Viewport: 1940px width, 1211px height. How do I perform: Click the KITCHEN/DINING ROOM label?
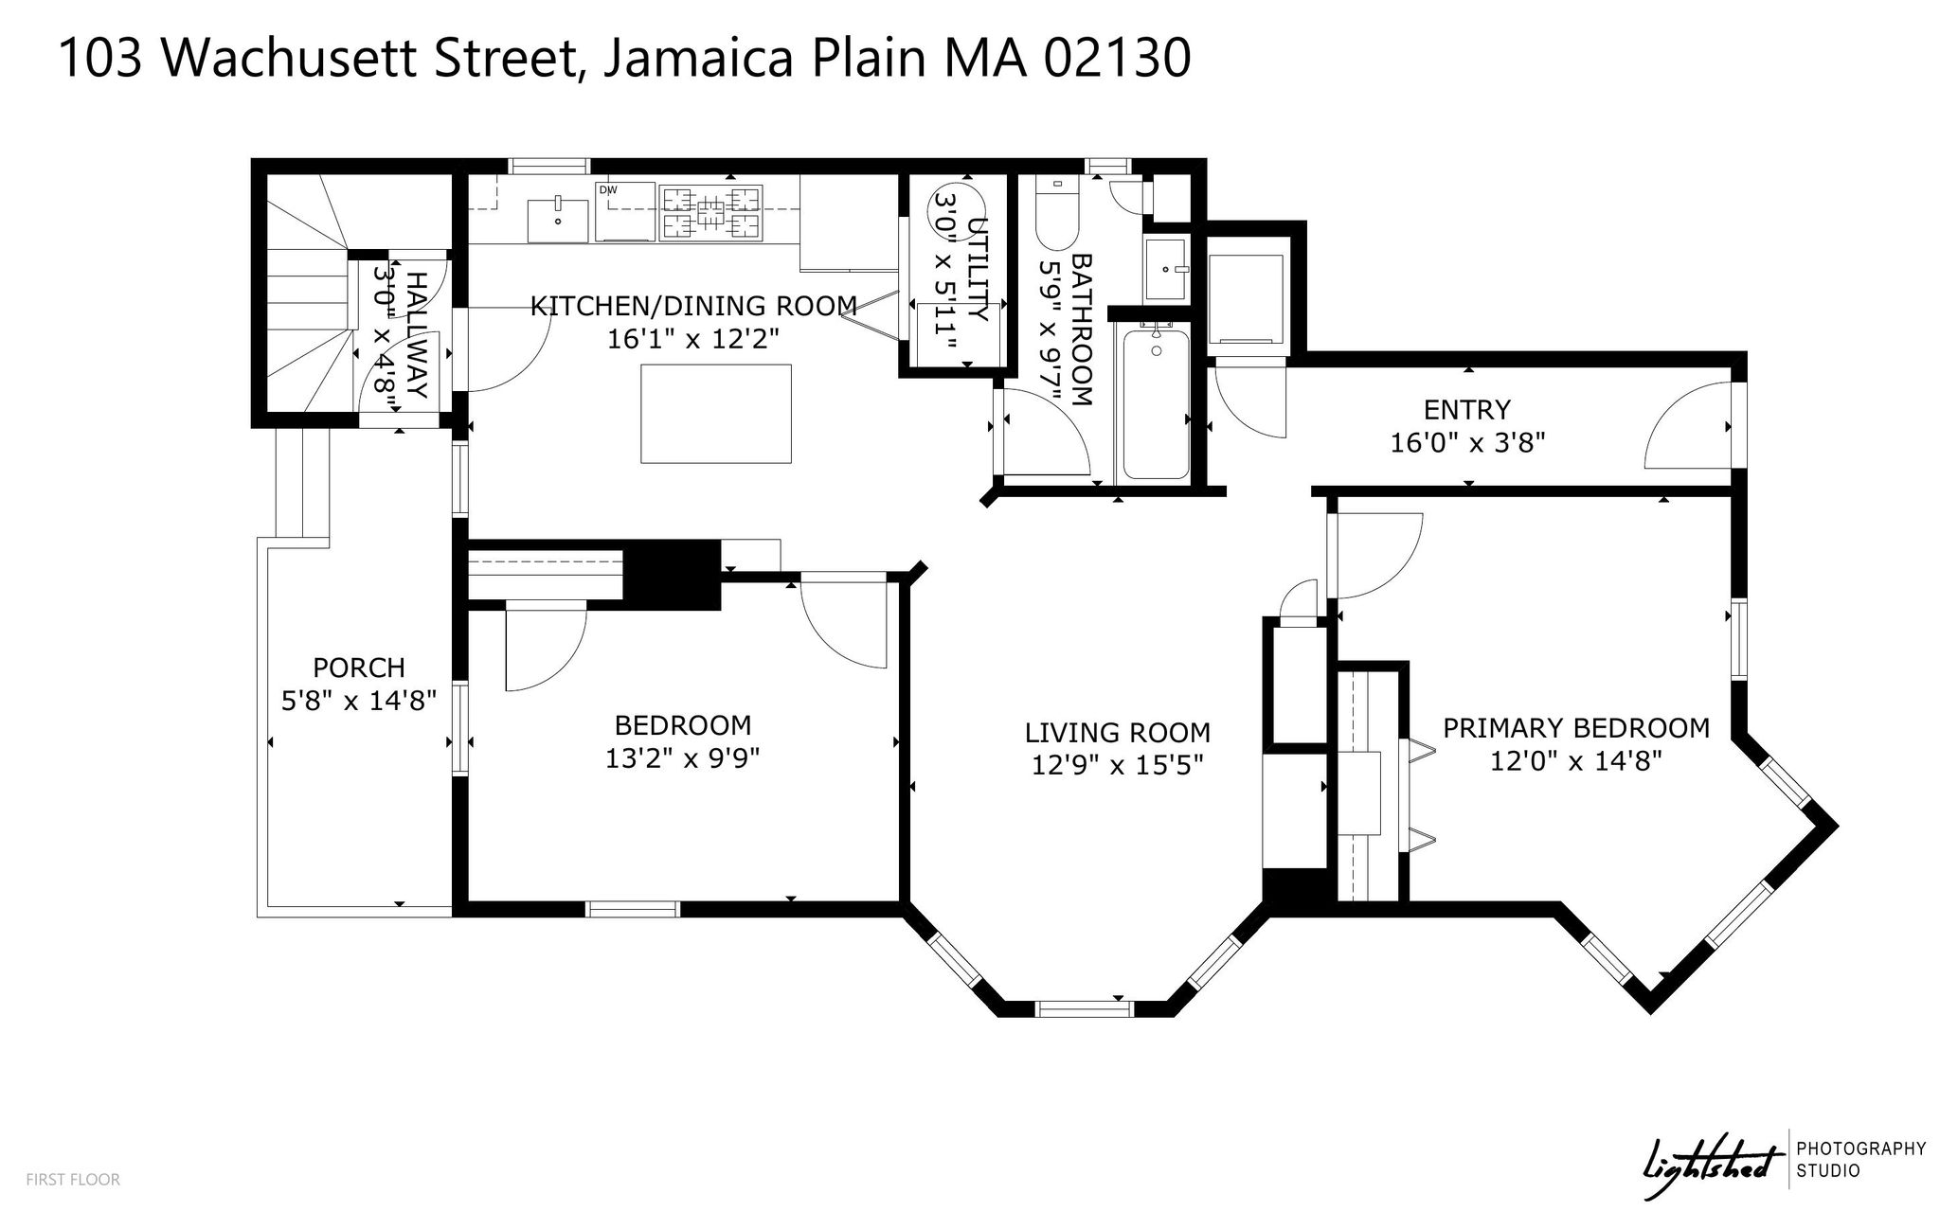pyautogui.click(x=693, y=306)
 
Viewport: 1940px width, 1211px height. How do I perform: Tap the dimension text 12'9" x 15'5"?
pyautogui.click(x=1117, y=764)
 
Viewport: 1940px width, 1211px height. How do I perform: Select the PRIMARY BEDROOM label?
pyautogui.click(x=1576, y=728)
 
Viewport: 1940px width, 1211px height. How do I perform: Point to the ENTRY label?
pyautogui.click(x=1466, y=410)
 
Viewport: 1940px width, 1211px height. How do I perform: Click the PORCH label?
pyautogui.click(x=359, y=668)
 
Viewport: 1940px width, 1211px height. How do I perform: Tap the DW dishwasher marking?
pyautogui.click(x=608, y=190)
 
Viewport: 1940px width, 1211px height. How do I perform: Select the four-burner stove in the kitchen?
pyautogui.click(x=711, y=210)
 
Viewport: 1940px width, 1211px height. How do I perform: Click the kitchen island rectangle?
pyautogui.click(x=716, y=413)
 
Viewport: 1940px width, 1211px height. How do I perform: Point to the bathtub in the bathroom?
pyautogui.click(x=1156, y=401)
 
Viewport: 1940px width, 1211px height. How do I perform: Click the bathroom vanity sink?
pyautogui.click(x=1166, y=269)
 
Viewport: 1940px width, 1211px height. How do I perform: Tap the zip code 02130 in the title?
pyautogui.click(x=1117, y=59)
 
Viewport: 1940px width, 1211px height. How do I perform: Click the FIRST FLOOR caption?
pyautogui.click(x=73, y=1180)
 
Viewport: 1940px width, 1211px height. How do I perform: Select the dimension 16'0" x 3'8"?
pyautogui.click(x=1467, y=442)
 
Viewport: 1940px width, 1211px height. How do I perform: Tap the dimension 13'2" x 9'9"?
pyautogui.click(x=683, y=758)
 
